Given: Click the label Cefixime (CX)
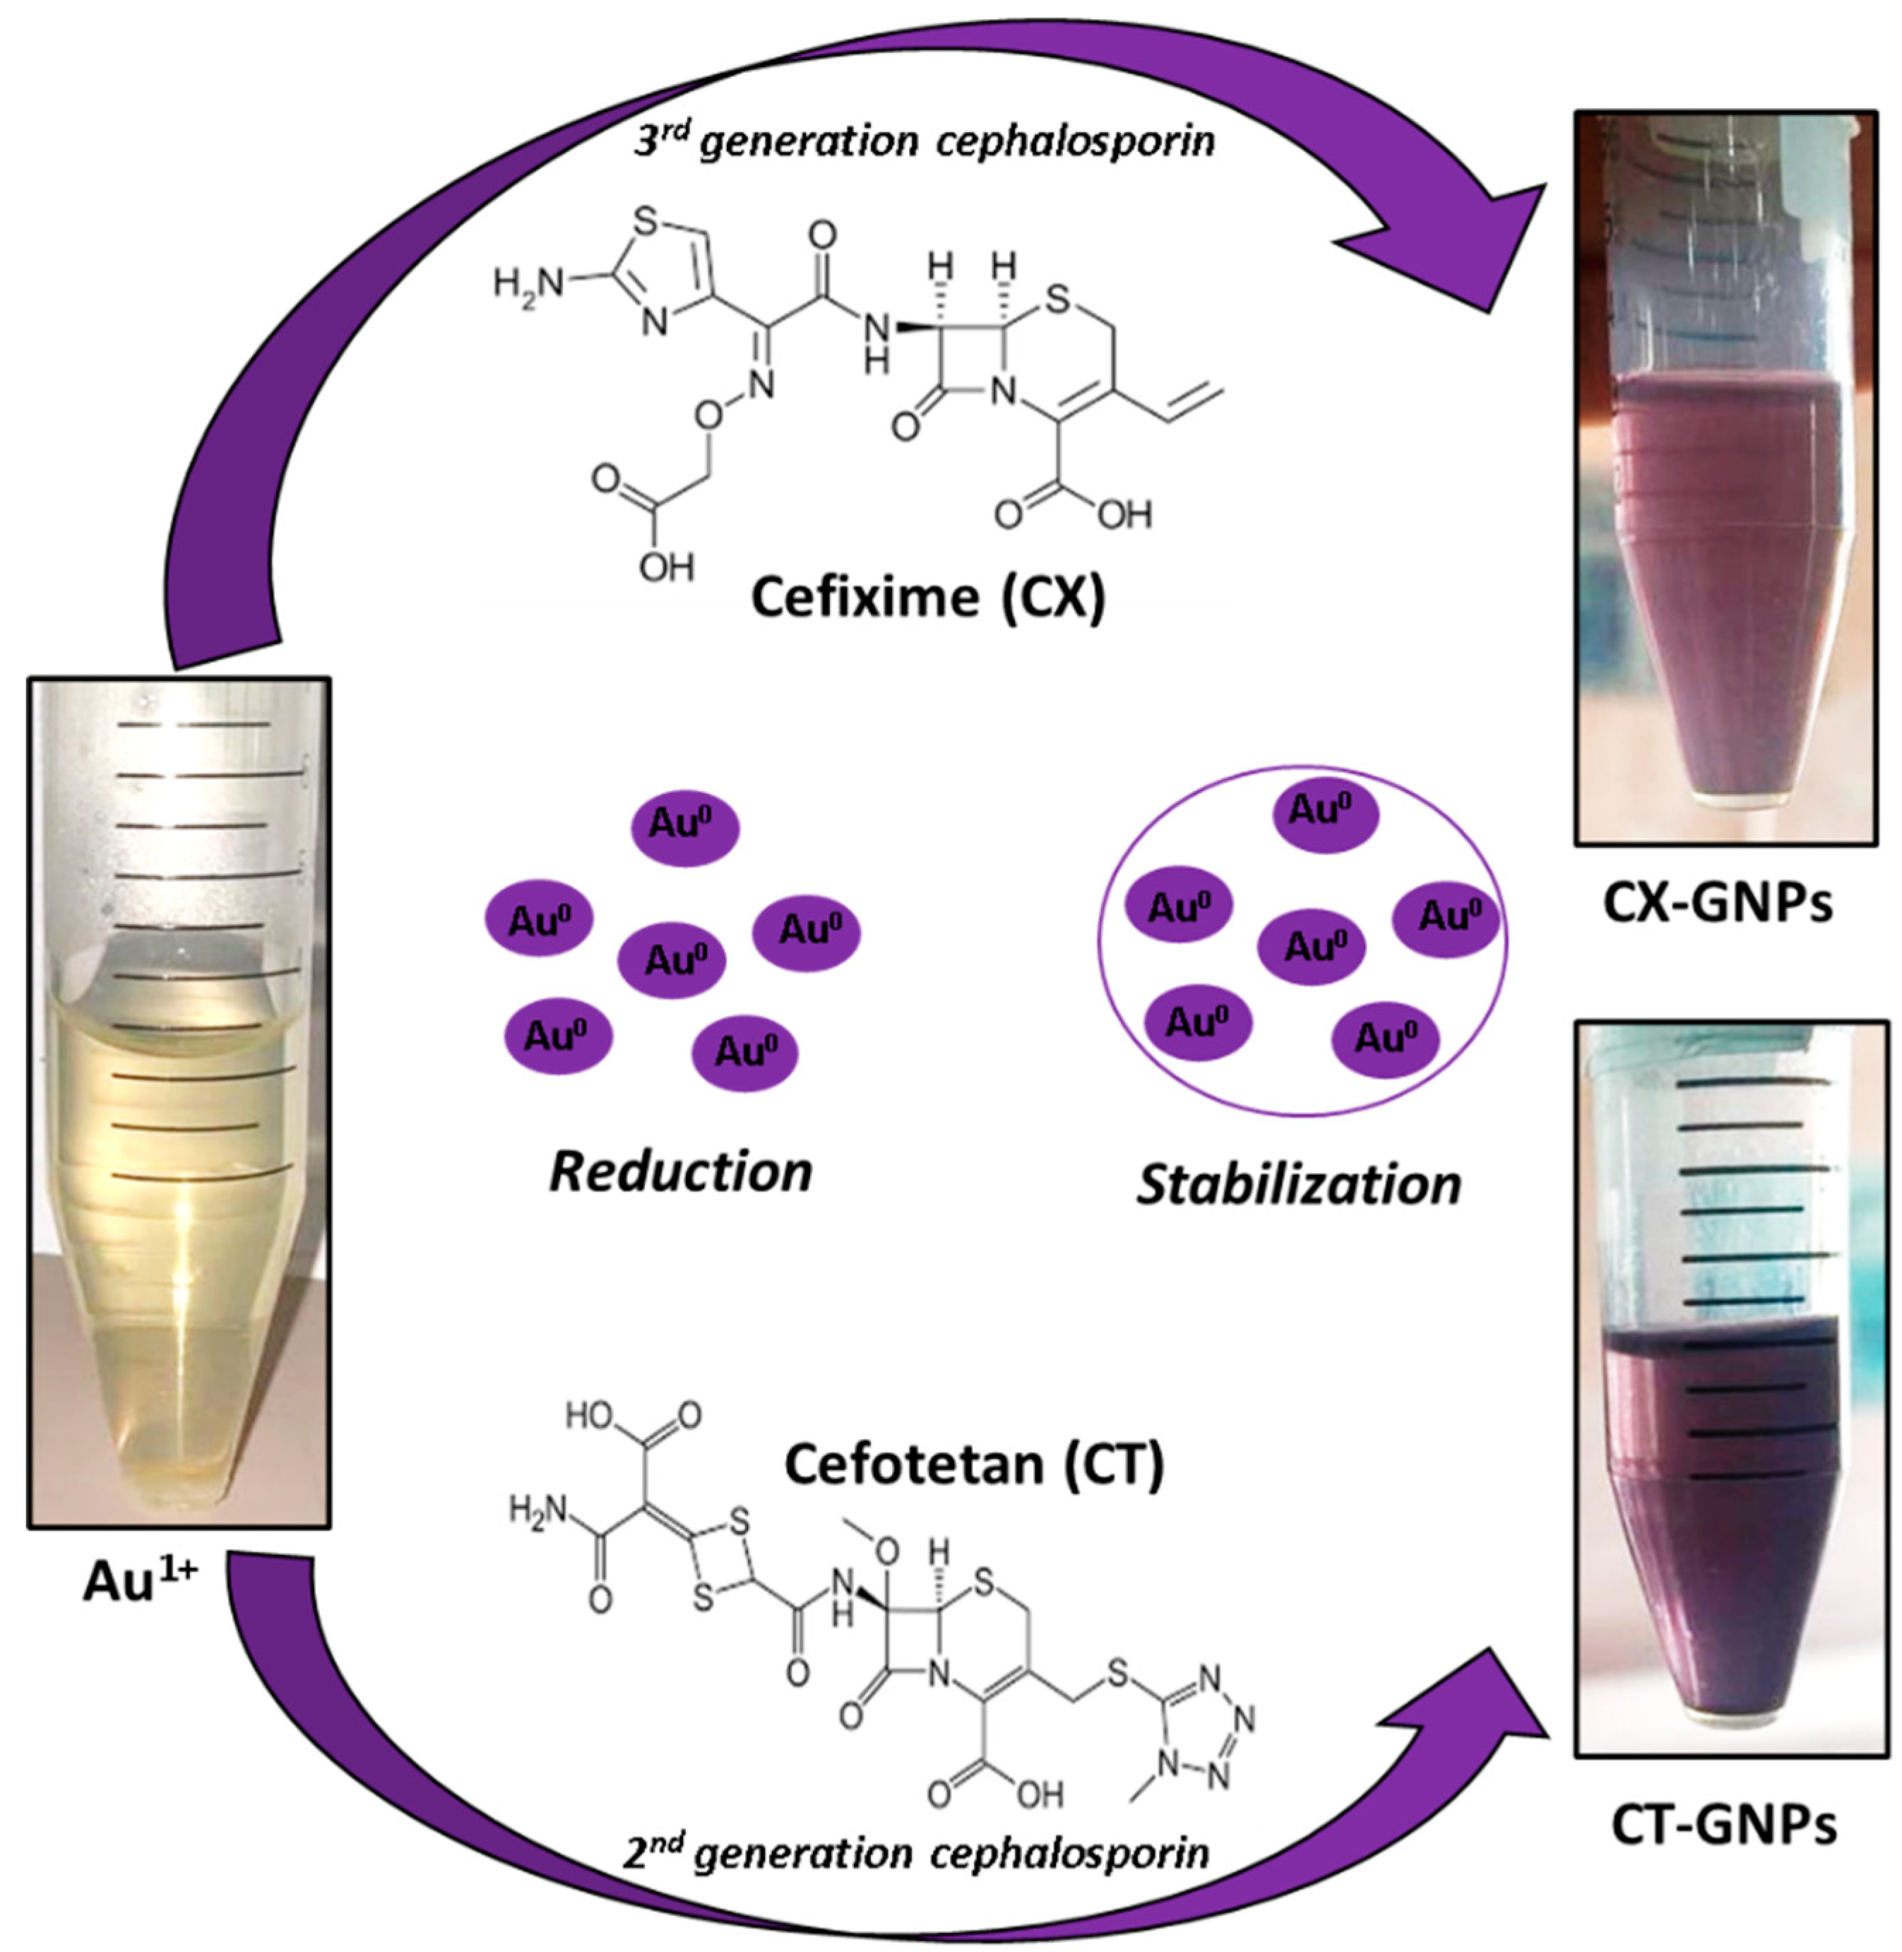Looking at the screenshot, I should click(x=928, y=598).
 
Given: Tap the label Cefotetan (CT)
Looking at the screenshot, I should click(x=974, y=1465).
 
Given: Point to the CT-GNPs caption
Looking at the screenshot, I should click(x=1724, y=1825).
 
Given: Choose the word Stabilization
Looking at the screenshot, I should click(x=1299, y=1185).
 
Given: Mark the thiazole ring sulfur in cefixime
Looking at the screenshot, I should click(x=648, y=222).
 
